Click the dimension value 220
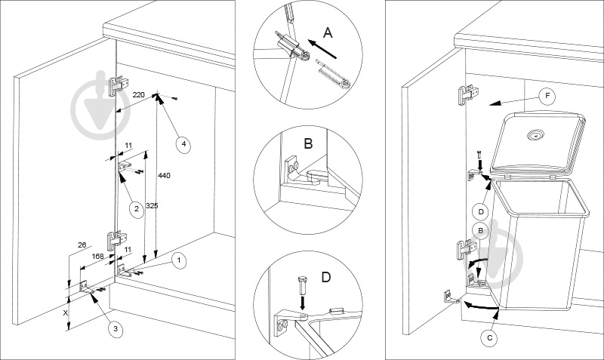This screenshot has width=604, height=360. pyautogui.click(x=138, y=94)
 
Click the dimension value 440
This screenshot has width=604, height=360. pyautogui.click(x=165, y=176)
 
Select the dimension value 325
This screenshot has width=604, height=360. pyautogui.click(x=152, y=205)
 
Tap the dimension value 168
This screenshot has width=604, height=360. pyautogui.click(x=98, y=256)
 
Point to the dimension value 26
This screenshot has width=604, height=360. pyautogui.click(x=82, y=245)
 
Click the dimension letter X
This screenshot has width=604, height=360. pyautogui.click(x=66, y=313)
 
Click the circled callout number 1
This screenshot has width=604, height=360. pyautogui.click(x=178, y=260)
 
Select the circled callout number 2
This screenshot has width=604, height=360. pyautogui.click(x=136, y=209)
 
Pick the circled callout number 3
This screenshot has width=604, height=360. pyautogui.click(x=116, y=329)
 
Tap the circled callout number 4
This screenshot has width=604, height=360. pyautogui.click(x=183, y=144)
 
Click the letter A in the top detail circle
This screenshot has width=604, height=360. pyautogui.click(x=328, y=33)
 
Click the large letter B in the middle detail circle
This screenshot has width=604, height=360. pyautogui.click(x=308, y=143)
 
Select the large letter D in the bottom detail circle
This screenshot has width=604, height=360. pyautogui.click(x=326, y=277)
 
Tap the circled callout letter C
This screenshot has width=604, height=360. pyautogui.click(x=489, y=338)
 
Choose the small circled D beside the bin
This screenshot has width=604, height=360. pyautogui.click(x=481, y=211)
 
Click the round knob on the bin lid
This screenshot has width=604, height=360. pyautogui.click(x=535, y=135)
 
